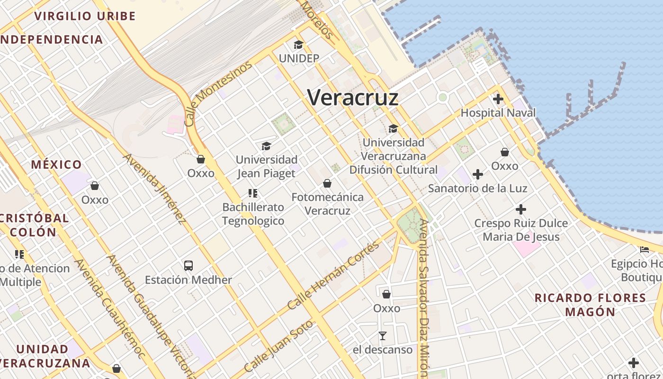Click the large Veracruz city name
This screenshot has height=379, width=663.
point(353,98)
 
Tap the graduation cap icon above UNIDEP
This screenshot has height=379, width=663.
point(298,45)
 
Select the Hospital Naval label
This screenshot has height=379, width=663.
point(498,113)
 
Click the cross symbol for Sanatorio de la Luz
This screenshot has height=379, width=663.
point(478,174)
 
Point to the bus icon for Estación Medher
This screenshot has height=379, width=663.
point(188,266)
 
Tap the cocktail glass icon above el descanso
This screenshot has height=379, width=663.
point(383,336)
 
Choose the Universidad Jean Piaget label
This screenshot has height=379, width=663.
point(266,166)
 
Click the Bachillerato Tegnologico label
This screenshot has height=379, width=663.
point(253,214)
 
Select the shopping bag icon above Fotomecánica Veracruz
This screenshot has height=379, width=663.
point(327,183)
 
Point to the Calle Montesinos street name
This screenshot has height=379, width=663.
point(218,94)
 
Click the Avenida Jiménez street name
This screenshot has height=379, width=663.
point(154,189)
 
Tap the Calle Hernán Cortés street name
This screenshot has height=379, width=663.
point(333,275)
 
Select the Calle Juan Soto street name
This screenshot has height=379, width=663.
point(279,346)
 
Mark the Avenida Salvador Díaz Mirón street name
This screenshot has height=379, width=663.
point(424,298)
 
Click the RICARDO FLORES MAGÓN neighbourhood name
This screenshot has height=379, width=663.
point(590,305)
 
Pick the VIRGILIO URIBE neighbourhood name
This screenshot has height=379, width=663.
point(85,16)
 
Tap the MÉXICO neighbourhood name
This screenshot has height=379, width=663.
point(56,165)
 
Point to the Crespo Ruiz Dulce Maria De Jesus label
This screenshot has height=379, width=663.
point(521,230)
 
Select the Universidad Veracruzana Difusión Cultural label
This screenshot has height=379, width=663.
point(394,156)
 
